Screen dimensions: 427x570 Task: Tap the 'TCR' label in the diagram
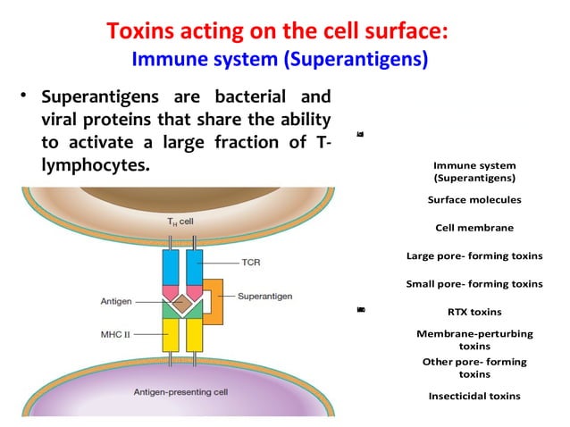click(251, 264)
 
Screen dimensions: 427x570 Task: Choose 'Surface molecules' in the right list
click(474, 201)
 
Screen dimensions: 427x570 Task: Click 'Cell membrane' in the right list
click(474, 228)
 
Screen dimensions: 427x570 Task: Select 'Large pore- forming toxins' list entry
click(474, 256)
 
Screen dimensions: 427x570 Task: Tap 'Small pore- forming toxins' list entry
click(474, 284)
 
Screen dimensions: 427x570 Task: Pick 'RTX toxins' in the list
click(474, 312)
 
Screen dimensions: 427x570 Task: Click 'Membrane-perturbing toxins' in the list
click(474, 339)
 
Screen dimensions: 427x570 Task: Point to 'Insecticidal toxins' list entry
click(474, 396)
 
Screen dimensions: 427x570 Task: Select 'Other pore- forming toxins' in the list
click(474, 367)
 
